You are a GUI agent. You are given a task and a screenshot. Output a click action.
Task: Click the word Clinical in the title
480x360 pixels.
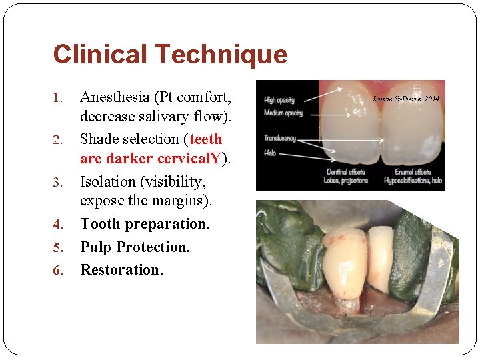101,55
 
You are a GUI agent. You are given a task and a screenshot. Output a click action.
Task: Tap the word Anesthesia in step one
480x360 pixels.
115,97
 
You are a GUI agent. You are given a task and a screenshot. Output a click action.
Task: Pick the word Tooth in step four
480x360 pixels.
99,224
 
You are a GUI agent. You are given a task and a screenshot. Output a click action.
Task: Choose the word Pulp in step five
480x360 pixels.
96,247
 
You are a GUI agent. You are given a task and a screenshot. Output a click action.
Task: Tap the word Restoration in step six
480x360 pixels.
121,269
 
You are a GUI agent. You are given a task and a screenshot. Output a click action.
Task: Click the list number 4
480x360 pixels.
57,225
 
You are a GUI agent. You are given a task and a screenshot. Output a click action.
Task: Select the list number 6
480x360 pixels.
57,271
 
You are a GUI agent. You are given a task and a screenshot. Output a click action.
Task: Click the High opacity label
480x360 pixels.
279,100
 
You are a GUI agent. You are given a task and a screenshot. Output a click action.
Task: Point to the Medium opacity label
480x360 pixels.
283,113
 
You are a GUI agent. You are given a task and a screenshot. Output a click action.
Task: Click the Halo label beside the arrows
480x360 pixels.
270,153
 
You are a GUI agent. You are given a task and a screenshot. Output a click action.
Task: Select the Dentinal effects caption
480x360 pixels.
345,172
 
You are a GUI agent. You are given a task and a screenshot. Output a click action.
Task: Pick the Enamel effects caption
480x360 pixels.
413,172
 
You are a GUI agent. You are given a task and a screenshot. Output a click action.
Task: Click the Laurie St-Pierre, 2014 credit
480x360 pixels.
406,99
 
